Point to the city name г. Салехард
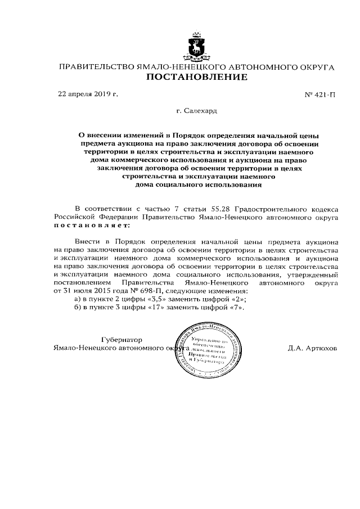click(196, 111)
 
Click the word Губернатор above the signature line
click(121, 340)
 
